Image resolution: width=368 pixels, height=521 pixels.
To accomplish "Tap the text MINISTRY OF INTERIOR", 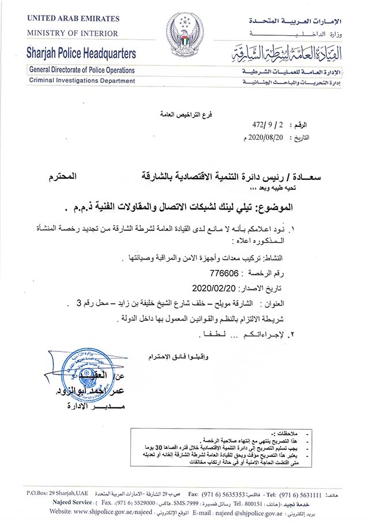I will (x=72, y=33).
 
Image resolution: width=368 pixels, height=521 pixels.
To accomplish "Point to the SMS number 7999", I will (x=194, y=503).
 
